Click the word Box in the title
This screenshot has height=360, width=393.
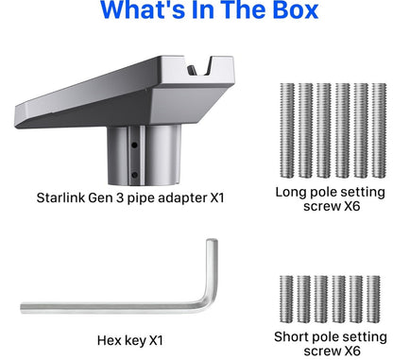pyautogui.click(x=296, y=9)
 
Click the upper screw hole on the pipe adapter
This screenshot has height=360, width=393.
pyautogui.click(x=134, y=146)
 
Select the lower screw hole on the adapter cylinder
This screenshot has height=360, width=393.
pyautogui.click(x=134, y=175)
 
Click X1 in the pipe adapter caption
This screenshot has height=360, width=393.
pyautogui.click(x=217, y=197)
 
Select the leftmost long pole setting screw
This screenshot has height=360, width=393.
pyautogui.click(x=287, y=130)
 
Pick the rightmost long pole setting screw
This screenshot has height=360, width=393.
pyautogui.click(x=379, y=130)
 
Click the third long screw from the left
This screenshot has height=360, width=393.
pyautogui.click(x=324, y=130)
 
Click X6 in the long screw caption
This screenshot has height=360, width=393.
pyautogui.click(x=351, y=207)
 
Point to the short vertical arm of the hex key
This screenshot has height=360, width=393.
pyautogui.click(x=212, y=271)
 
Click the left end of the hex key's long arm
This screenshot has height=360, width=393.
pyautogui.click(x=22, y=308)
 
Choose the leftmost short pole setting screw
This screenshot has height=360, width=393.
pyautogui.click(x=286, y=300)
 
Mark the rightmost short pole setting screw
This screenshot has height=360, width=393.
pyautogui.click(x=373, y=300)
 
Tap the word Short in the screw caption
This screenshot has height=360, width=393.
pyautogui.click(x=292, y=336)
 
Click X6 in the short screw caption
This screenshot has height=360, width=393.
pyautogui.click(x=351, y=351)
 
